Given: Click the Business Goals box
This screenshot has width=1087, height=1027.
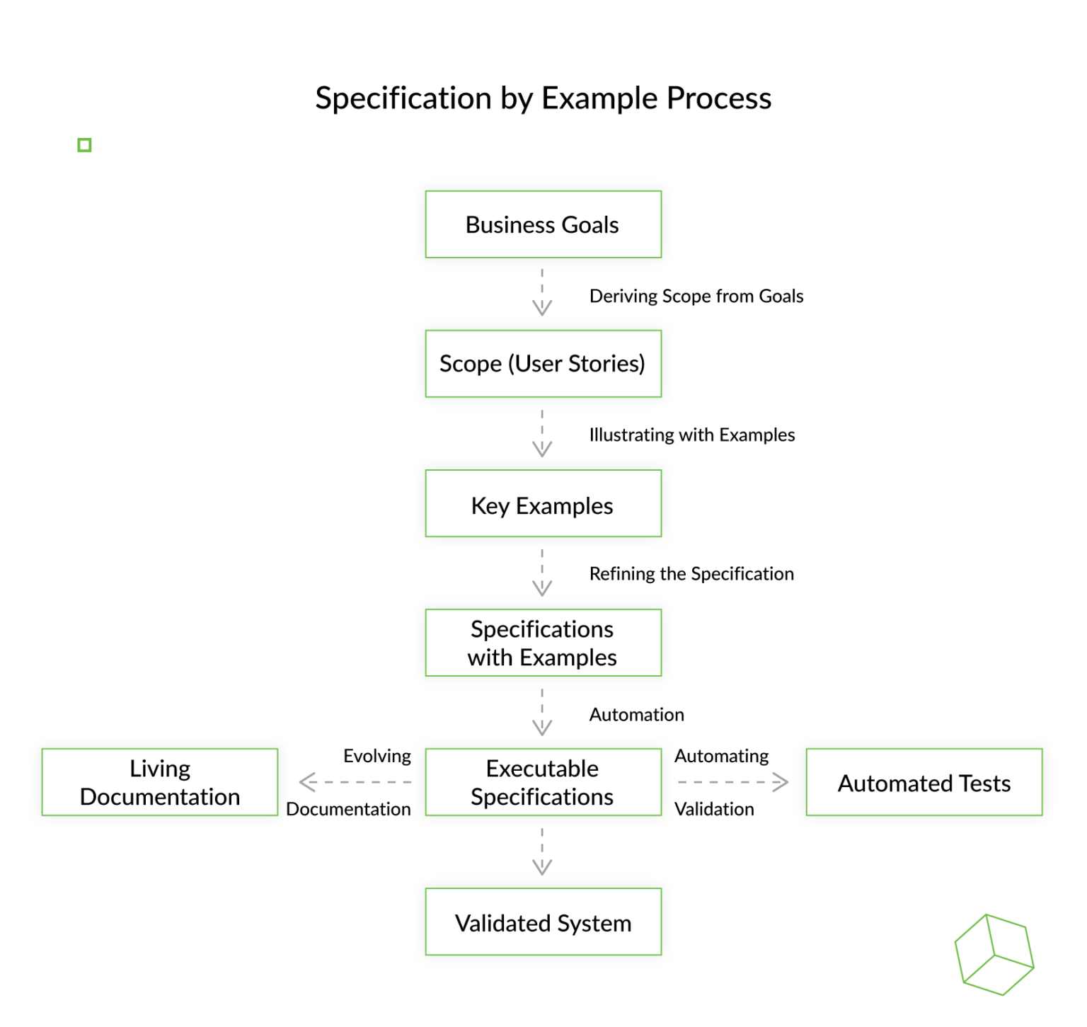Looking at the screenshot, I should point(543,224).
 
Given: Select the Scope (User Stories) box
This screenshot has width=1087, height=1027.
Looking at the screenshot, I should point(543,364).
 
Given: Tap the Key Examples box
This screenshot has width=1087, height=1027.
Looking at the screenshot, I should point(543,504).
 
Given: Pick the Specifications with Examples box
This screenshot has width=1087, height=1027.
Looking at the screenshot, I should point(543,643).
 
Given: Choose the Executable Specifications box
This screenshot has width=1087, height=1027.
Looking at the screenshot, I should point(543,782).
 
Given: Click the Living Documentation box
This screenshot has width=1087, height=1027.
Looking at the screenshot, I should point(160,782).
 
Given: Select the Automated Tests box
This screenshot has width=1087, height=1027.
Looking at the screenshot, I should point(924,782).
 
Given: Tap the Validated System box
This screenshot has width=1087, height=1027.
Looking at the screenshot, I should point(543,922).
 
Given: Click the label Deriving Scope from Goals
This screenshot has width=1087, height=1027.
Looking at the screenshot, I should point(696,296).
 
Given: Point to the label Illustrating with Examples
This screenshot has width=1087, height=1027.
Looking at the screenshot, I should point(691,435).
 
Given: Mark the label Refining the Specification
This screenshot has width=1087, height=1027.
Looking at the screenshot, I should point(691,573).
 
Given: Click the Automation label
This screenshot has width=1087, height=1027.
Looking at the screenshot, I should point(636,714).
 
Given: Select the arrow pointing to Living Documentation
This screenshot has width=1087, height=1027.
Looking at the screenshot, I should point(355,782).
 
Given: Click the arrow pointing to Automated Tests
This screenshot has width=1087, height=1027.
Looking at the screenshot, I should point(732,782).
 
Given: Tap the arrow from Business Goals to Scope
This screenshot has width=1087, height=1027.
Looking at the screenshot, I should point(542,292).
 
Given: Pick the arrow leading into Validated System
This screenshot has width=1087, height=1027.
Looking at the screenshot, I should point(542,852).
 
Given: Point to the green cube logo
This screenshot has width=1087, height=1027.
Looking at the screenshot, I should point(994,954).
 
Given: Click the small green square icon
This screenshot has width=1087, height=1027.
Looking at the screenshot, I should point(84,145).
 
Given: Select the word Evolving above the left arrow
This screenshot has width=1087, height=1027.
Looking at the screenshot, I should point(376,756).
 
